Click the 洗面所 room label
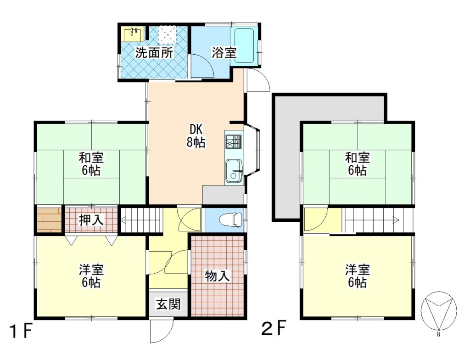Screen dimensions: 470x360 (x=154, y=53)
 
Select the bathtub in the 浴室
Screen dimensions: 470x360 (x=244, y=45)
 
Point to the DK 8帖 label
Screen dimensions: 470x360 (x=196, y=135)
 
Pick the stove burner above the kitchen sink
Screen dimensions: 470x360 (x=234, y=141)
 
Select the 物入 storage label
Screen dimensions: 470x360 (x=217, y=276)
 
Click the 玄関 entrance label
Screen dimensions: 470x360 (x=168, y=304)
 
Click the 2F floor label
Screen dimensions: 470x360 (x=274, y=328)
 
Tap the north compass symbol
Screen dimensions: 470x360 (x=439, y=310)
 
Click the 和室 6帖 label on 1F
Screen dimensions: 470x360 (x=91, y=164)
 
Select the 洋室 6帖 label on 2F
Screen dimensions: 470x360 (x=357, y=276)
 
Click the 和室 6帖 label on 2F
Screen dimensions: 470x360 (x=357, y=164)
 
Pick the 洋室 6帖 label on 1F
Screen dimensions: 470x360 (x=91, y=276)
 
